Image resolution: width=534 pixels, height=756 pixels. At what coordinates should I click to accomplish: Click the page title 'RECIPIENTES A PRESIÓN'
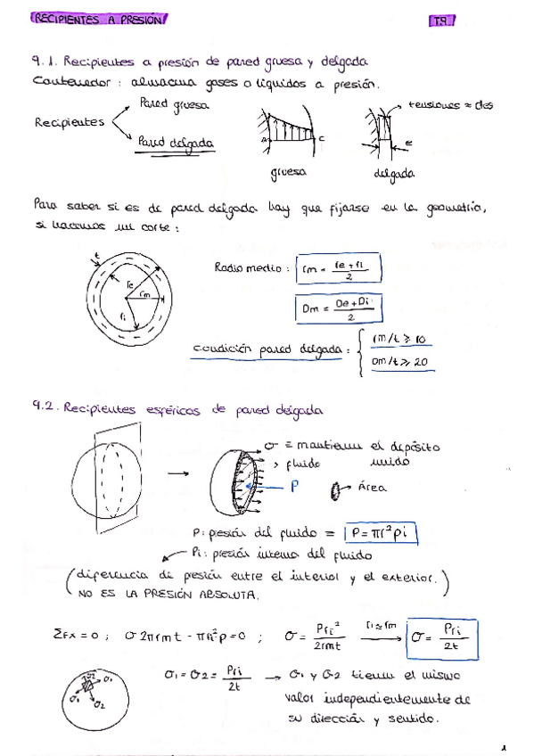(98, 19)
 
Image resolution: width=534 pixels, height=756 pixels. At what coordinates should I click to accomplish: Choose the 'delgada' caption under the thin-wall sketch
(393, 173)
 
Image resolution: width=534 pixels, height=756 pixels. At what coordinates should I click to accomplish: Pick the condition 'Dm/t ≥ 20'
(400, 361)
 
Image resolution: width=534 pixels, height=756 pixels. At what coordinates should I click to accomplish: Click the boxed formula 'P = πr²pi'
(381, 534)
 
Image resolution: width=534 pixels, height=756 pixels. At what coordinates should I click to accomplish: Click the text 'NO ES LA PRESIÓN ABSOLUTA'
(168, 594)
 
